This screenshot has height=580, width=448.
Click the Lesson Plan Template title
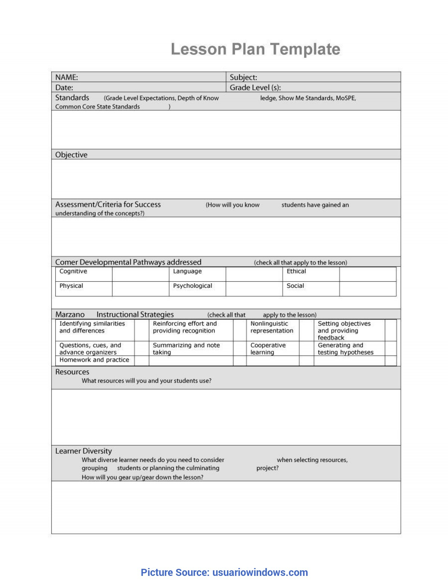(255, 49)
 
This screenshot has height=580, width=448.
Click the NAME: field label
(66, 77)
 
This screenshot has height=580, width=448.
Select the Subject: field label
(243, 77)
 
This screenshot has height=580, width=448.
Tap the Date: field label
(64, 87)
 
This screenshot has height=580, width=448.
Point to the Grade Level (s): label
(255, 87)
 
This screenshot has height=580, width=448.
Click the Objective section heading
(71, 155)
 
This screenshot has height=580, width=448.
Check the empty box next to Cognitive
(140, 274)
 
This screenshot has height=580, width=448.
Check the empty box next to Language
(254, 274)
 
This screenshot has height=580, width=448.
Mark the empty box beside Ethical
(368, 274)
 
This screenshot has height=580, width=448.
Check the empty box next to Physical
(140, 289)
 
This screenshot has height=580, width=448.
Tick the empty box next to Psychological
(254, 289)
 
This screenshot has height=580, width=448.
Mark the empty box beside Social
(368, 289)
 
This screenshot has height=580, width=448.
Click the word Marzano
(70, 315)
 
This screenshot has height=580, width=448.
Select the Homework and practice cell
(94, 360)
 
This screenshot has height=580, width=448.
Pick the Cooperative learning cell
(268, 349)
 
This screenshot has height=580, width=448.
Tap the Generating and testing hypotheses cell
(345, 349)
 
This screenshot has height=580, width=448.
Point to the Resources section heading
(72, 372)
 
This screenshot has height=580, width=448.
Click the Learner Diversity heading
(83, 451)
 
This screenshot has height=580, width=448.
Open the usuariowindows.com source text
(260, 572)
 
